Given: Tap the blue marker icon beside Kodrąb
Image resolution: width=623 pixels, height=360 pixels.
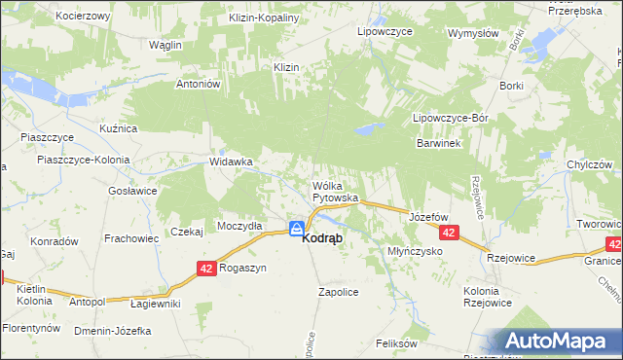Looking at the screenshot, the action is (x=295, y=229).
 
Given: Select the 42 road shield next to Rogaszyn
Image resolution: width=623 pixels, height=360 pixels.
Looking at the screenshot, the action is (x=205, y=268).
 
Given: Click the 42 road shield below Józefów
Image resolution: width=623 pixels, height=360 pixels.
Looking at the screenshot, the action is (x=449, y=234).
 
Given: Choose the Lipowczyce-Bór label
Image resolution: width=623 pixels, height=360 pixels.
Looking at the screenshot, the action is (x=450, y=118).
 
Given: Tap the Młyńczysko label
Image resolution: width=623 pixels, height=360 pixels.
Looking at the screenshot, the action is (x=415, y=250).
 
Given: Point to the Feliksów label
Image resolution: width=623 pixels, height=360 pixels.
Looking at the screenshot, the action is (x=396, y=343).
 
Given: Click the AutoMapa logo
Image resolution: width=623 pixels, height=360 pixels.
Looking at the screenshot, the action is (x=558, y=341).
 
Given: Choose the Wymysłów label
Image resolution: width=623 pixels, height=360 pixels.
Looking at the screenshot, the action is (x=473, y=32).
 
